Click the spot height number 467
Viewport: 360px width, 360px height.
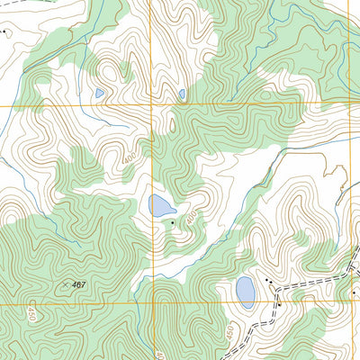click(x=79, y=285)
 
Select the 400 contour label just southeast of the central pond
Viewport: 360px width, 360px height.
click(x=191, y=216)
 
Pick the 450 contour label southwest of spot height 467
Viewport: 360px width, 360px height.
click(x=31, y=314)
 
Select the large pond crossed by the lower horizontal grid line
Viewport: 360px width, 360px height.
click(x=245, y=292)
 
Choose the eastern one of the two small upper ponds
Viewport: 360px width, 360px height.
click(x=181, y=92)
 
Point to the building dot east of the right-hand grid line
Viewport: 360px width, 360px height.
click(x=355, y=293)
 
